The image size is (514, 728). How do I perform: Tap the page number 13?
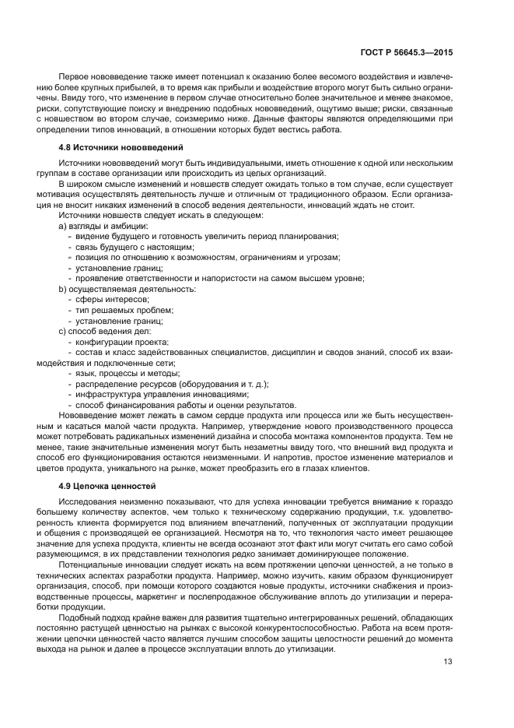pyautogui.click(x=447, y=662)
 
